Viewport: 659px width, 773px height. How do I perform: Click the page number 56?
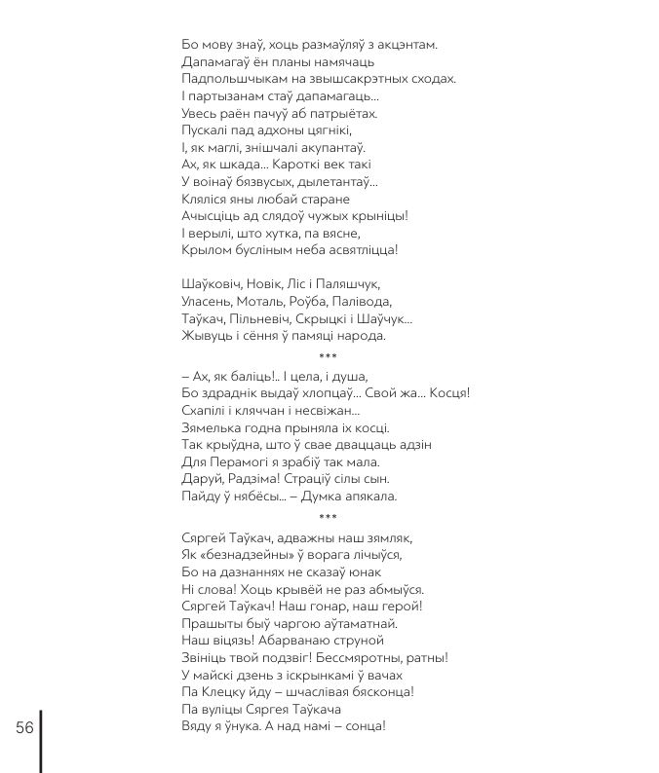pyautogui.click(x=24, y=728)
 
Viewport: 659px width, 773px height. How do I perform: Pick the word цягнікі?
pyautogui.click(x=299, y=130)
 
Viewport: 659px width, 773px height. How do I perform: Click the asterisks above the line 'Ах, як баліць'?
pyautogui.click(x=328, y=357)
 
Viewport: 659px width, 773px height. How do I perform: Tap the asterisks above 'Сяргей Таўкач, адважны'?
pyautogui.click(x=328, y=517)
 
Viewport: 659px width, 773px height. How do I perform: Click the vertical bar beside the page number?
pyautogui.click(x=41, y=740)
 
